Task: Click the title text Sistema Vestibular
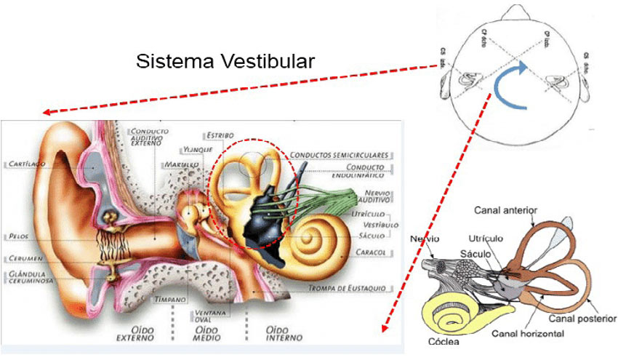click(225, 61)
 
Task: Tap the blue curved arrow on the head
click(512, 85)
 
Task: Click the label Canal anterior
click(505, 211)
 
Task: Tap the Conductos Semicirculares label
click(341, 155)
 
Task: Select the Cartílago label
click(28, 164)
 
